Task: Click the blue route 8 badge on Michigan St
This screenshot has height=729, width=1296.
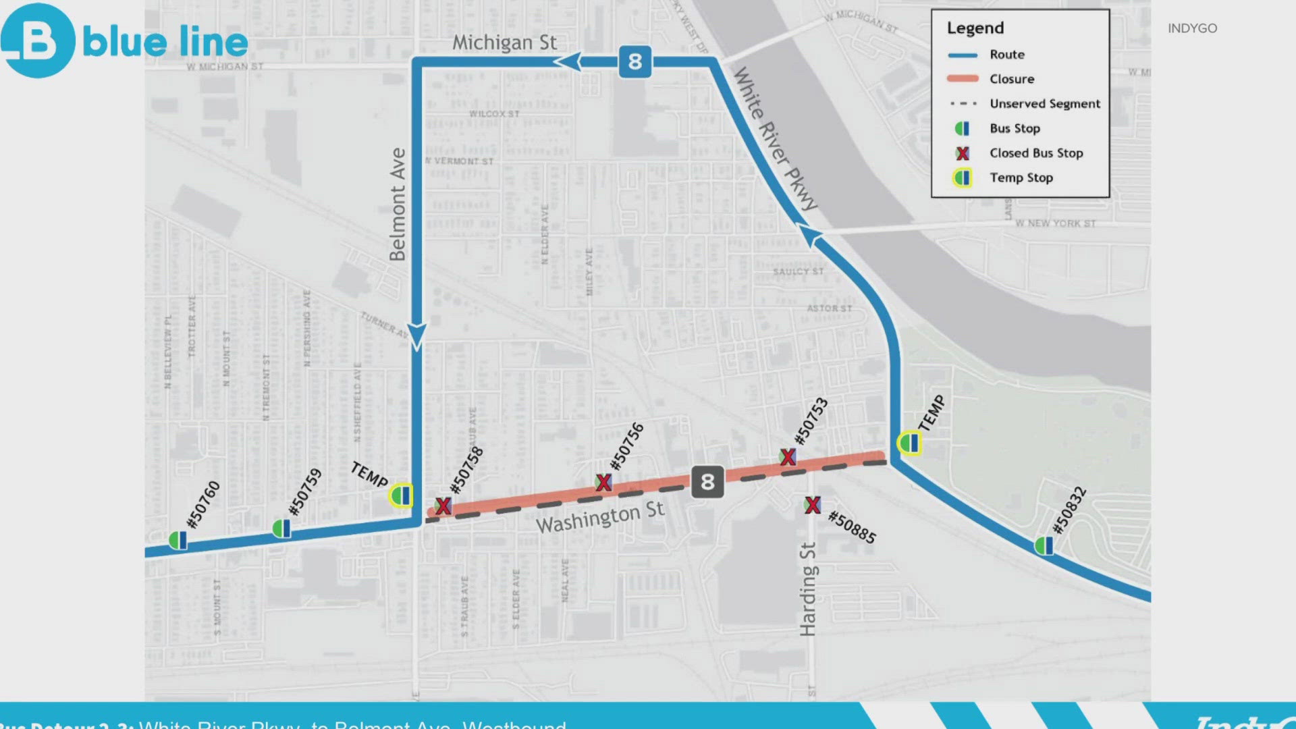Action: pyautogui.click(x=634, y=62)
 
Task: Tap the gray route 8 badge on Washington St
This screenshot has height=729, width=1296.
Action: pyautogui.click(x=707, y=482)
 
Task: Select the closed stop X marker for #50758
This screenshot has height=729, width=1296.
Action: pyautogui.click(x=443, y=506)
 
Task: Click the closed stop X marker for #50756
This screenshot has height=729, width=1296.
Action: pyautogui.click(x=603, y=482)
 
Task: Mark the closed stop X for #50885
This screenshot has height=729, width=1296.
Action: pyautogui.click(x=813, y=505)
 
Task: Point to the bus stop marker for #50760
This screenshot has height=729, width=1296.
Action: pyautogui.click(x=178, y=540)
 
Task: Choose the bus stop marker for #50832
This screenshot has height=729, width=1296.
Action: pyautogui.click(x=1044, y=545)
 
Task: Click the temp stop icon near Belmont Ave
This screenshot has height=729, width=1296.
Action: pyautogui.click(x=401, y=495)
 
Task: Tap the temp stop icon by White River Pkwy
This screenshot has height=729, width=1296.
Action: pyautogui.click(x=909, y=443)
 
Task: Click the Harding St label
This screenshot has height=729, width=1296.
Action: pyautogui.click(x=808, y=589)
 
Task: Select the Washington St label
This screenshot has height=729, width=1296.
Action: pyautogui.click(x=600, y=518)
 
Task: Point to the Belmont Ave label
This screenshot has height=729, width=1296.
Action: pyautogui.click(x=398, y=205)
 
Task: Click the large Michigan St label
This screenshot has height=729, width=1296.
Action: pyautogui.click(x=504, y=43)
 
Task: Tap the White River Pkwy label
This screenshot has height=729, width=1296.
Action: pyautogui.click(x=776, y=138)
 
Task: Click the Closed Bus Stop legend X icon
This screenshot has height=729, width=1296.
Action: pyautogui.click(x=963, y=153)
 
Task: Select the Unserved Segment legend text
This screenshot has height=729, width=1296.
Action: pyautogui.click(x=1044, y=104)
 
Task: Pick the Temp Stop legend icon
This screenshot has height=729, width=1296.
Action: pyautogui.click(x=963, y=178)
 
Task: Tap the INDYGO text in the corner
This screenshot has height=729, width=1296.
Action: pyautogui.click(x=1192, y=28)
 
